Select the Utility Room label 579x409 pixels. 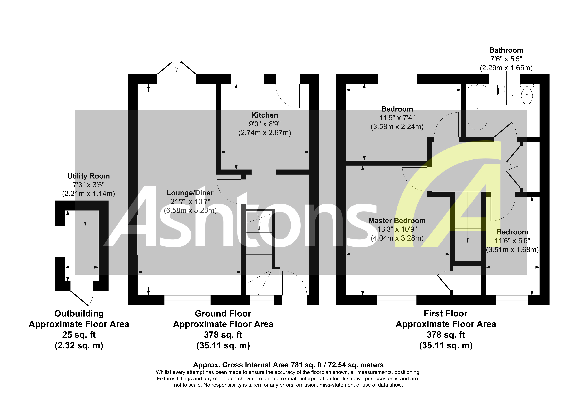point(88,176)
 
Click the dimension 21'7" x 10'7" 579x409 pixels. point(190,202)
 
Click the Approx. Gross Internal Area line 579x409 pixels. point(288,365)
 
